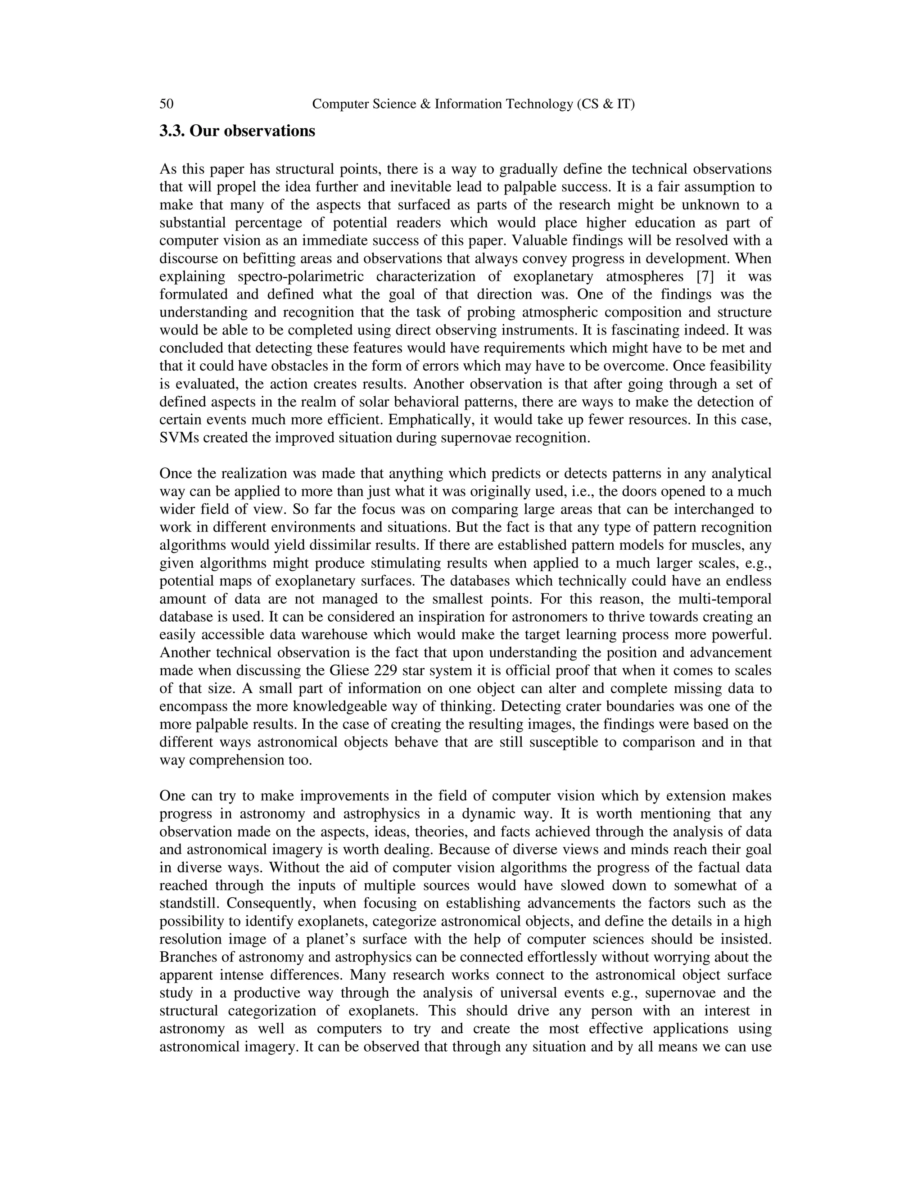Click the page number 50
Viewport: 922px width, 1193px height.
point(167,104)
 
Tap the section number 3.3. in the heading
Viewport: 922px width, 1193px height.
point(172,131)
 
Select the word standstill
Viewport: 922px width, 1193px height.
point(189,904)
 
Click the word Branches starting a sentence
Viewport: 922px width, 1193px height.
point(186,957)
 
